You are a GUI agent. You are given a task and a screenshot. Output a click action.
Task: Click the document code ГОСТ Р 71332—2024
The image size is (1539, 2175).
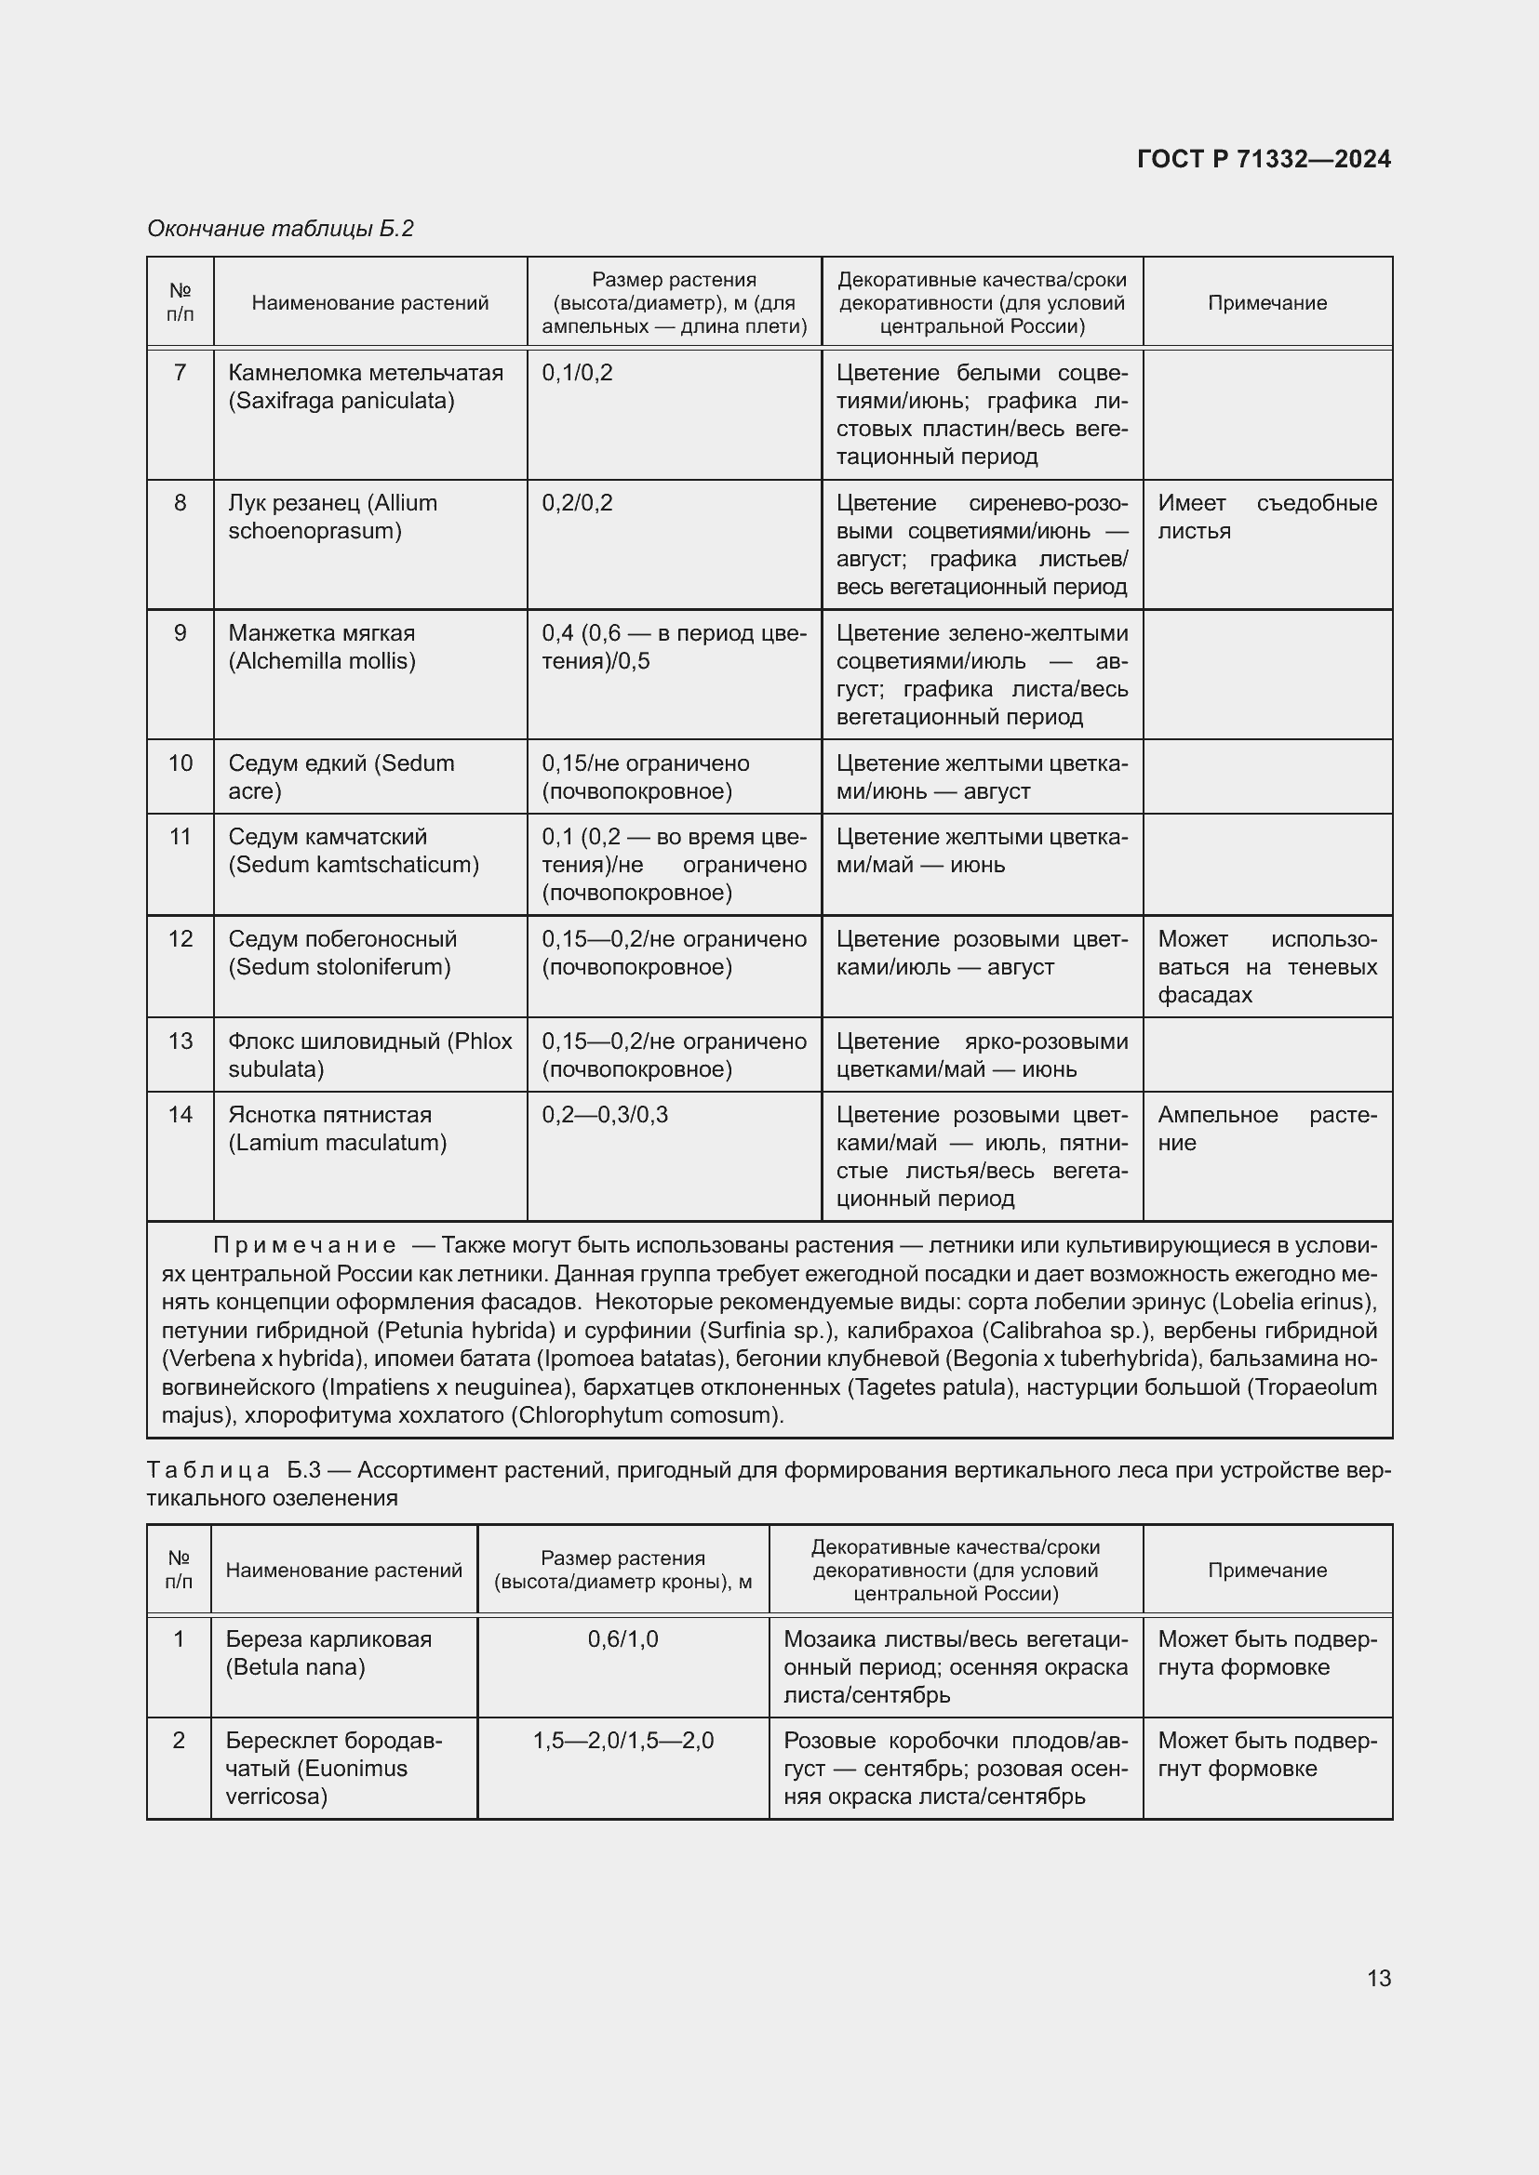click(x=1264, y=159)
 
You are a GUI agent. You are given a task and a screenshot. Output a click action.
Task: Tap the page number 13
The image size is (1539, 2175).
click(x=1379, y=1978)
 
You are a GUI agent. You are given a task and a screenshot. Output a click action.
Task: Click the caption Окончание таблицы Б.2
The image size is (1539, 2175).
click(x=280, y=229)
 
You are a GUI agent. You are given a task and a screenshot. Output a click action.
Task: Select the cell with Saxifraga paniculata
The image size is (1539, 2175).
click(x=365, y=387)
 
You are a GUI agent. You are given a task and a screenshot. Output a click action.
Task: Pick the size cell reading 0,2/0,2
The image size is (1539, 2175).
click(x=577, y=503)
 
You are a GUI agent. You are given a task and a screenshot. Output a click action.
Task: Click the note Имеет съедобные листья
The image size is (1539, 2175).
click(x=1266, y=517)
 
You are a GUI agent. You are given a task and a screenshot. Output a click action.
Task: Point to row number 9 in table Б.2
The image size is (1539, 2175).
click(x=181, y=633)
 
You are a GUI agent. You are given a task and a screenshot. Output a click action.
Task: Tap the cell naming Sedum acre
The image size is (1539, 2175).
click(x=341, y=776)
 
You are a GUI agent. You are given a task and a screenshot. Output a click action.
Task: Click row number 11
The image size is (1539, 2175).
click(x=181, y=837)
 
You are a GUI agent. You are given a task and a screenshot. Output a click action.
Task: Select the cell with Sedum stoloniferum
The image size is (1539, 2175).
click(x=342, y=953)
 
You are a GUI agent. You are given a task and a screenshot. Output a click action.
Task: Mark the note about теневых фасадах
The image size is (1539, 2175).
click(x=1266, y=967)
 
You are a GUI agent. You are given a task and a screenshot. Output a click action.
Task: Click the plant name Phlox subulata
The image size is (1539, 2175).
click(x=369, y=1054)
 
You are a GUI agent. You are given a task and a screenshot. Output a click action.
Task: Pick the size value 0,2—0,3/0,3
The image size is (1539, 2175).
click(x=605, y=1115)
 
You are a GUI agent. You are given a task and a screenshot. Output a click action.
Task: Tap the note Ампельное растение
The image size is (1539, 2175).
click(x=1266, y=1128)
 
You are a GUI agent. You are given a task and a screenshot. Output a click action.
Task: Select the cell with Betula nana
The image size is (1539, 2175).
click(x=328, y=1653)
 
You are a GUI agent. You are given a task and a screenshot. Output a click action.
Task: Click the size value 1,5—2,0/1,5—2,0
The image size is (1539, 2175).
click(x=622, y=1741)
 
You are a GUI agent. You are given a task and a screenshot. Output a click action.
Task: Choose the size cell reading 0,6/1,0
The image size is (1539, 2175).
click(x=622, y=1639)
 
